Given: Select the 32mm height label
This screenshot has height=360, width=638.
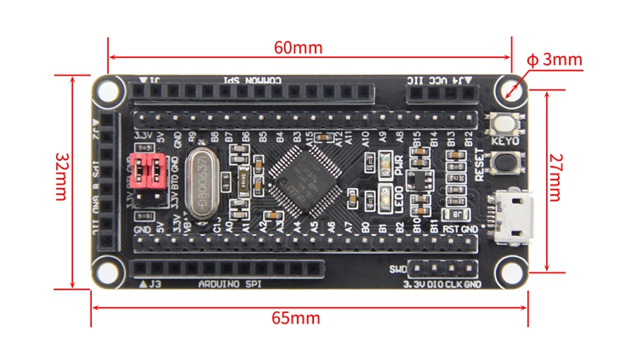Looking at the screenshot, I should point(60,181).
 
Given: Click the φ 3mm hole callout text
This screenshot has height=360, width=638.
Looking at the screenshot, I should point(555,60).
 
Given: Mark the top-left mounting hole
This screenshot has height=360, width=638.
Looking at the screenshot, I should point(108,89).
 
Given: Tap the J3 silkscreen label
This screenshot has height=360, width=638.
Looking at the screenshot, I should point(156,283).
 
